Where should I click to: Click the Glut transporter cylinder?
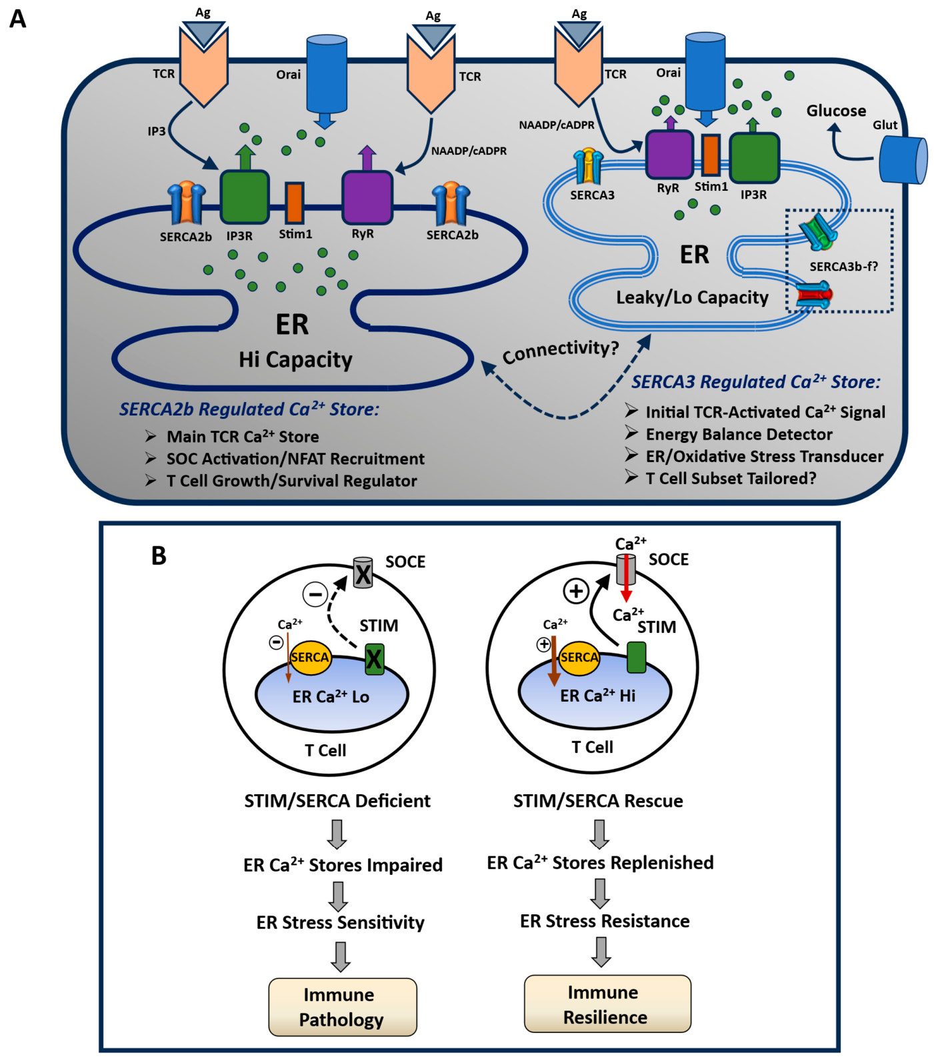click(903, 159)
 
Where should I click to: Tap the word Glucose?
click(836, 111)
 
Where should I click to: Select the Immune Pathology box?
click(343, 1006)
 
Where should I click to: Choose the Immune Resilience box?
click(607, 1004)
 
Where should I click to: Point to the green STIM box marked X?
click(374, 660)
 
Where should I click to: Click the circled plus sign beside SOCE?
click(576, 591)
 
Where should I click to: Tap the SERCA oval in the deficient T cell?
click(310, 658)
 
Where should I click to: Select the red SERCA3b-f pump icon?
click(815, 295)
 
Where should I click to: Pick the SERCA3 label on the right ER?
click(592, 195)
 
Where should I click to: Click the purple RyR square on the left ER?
click(367, 197)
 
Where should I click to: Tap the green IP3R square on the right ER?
click(755, 157)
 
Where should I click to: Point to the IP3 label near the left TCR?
click(157, 131)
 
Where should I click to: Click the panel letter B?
click(159, 556)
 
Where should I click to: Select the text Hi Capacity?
click(295, 360)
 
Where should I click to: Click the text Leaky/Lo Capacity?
click(692, 297)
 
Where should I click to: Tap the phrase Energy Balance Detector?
click(739, 435)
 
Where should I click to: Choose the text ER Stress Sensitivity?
click(341, 922)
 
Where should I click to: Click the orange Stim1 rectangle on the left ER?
click(295, 203)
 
